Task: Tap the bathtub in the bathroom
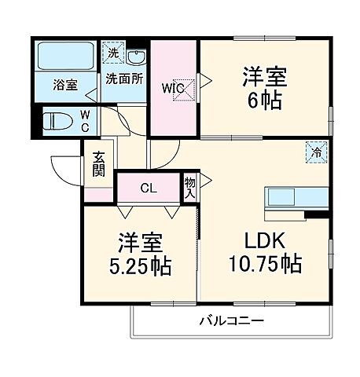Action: coord(66,57)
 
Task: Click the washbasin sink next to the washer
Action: coord(135,57)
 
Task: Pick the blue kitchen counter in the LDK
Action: coord(297,196)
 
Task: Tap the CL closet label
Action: coord(148,188)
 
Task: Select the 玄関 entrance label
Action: coord(98,163)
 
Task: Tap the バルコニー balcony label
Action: coord(231,320)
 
